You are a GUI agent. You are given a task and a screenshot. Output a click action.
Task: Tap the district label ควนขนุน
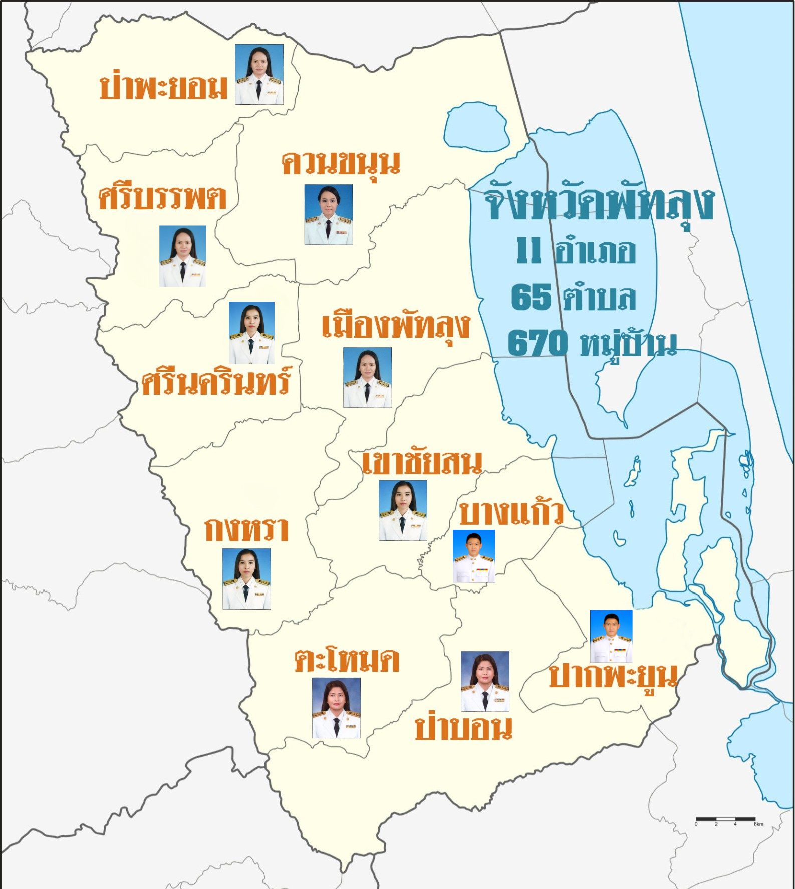(341, 163)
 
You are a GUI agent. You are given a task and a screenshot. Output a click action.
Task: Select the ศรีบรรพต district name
(162, 198)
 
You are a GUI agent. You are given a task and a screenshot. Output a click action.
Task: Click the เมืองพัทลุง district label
(396, 326)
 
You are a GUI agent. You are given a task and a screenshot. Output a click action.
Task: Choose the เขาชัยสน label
(422, 463)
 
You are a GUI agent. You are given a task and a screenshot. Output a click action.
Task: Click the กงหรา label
(246, 529)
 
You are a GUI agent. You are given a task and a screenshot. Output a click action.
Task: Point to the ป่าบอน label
(464, 728)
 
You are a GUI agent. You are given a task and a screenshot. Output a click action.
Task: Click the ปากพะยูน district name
(613, 676)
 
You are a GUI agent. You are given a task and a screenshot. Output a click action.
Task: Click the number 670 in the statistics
(538, 343)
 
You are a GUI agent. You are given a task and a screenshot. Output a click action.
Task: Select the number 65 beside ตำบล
(531, 297)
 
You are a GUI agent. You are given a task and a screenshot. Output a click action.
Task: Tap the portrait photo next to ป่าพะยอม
(259, 74)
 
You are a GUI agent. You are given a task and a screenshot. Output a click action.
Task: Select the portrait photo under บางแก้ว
(474, 556)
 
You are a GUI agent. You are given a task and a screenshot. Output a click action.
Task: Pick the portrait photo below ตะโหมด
(336, 708)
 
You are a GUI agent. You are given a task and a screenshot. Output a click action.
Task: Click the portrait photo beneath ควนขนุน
(329, 214)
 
